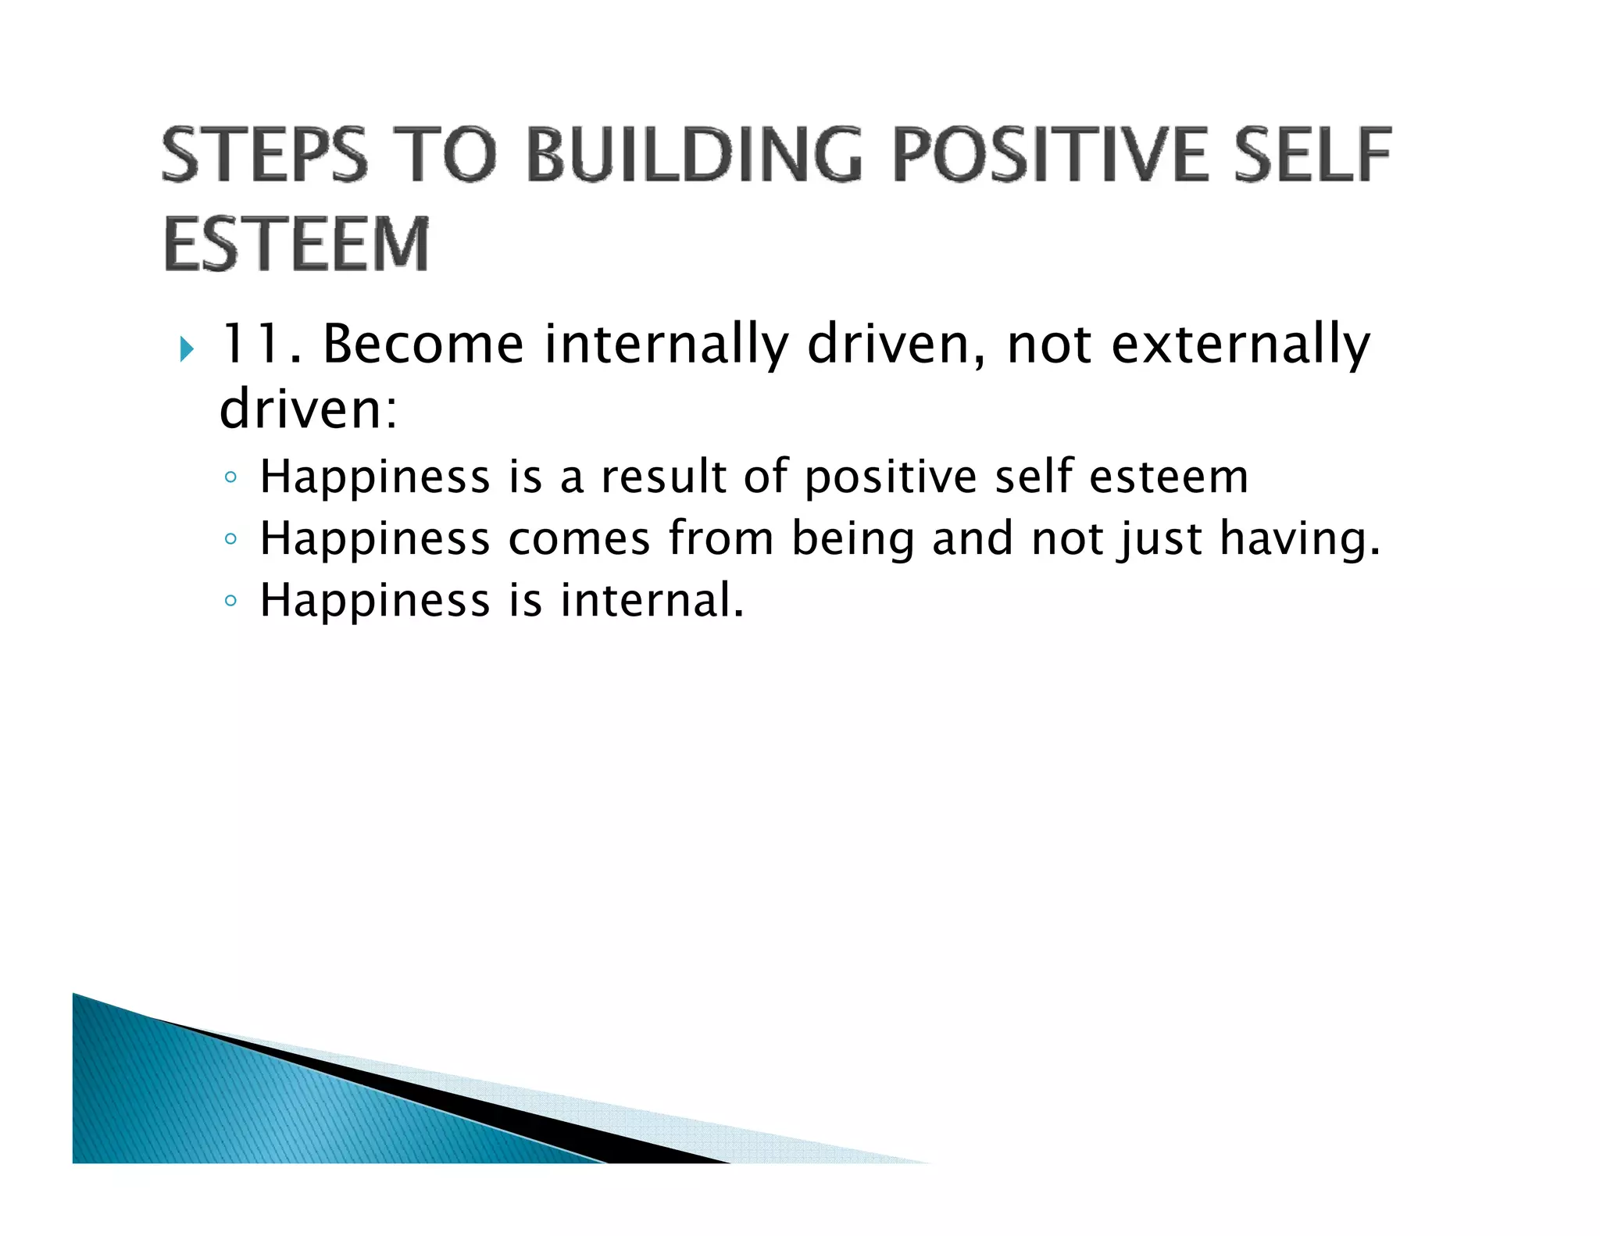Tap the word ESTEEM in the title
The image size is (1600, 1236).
pos(297,245)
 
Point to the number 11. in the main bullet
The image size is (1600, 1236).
pos(261,344)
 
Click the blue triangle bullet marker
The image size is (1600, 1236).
pos(186,348)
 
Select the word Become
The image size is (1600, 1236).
pos(423,344)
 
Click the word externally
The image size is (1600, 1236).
pos(1241,345)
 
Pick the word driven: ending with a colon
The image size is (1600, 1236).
pos(309,409)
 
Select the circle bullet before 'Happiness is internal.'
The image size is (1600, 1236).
pos(230,601)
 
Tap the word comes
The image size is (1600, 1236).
pos(579,538)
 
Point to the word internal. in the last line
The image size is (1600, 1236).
pos(652,600)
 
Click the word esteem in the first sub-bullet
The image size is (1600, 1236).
pos(1168,477)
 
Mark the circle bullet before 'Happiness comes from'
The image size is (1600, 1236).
pos(230,539)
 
